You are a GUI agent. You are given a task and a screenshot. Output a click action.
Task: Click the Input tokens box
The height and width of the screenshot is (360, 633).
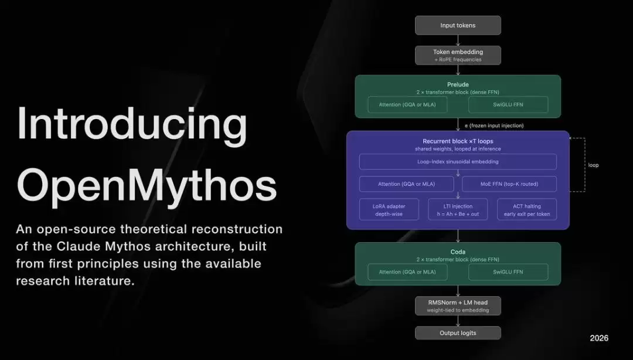pos(458,25)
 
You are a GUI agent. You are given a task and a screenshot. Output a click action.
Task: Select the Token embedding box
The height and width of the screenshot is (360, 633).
pos(458,55)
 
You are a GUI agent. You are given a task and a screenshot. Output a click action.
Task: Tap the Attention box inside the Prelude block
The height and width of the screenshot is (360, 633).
pos(407,105)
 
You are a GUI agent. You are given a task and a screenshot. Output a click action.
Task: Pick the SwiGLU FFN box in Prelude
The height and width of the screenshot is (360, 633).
pos(508,105)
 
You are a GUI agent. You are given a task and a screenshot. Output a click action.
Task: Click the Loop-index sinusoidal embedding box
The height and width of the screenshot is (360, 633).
pos(458,161)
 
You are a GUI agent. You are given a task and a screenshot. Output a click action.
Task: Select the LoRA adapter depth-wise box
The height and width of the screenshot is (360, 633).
pos(389,209)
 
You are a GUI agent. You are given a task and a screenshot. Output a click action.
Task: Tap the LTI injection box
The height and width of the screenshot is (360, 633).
pos(458,209)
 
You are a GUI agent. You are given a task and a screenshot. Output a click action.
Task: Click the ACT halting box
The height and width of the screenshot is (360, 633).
pos(526,209)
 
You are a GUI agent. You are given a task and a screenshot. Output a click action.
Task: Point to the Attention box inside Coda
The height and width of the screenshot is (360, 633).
pos(407,272)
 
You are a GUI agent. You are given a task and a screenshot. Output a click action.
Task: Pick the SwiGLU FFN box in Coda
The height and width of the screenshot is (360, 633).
pos(508,272)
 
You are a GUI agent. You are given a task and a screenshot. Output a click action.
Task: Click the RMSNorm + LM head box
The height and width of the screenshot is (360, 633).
pos(458,305)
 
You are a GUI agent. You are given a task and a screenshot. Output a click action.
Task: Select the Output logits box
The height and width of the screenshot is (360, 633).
pos(458,333)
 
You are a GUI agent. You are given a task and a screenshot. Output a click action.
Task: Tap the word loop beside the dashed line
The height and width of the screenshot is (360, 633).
pos(593,165)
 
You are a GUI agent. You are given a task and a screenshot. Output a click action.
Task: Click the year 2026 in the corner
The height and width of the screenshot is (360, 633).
pos(599,338)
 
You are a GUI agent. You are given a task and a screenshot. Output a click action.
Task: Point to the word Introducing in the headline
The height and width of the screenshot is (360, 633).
pos(132,125)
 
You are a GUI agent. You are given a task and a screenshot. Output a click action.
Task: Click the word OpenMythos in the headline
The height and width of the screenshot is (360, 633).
pos(146,185)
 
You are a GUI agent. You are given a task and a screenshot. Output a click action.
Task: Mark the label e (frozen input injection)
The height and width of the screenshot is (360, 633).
pos(494,125)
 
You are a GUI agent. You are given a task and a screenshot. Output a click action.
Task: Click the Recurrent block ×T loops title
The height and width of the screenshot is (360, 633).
pos(458,141)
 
